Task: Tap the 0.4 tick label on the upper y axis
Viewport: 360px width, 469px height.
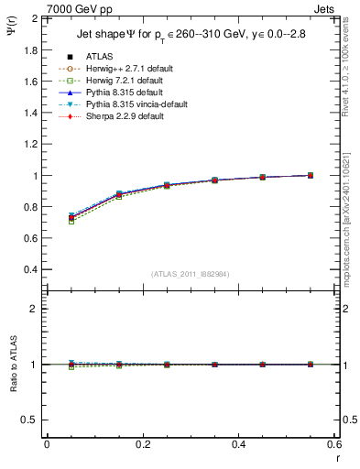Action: (x=30, y=270)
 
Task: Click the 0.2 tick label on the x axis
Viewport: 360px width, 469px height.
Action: (x=142, y=444)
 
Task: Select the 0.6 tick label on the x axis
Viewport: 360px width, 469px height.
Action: (x=334, y=444)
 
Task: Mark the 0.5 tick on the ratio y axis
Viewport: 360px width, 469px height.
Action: (x=30, y=420)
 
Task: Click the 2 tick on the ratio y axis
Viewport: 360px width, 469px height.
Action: (x=34, y=309)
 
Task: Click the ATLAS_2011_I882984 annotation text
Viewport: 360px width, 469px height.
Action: (x=190, y=275)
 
